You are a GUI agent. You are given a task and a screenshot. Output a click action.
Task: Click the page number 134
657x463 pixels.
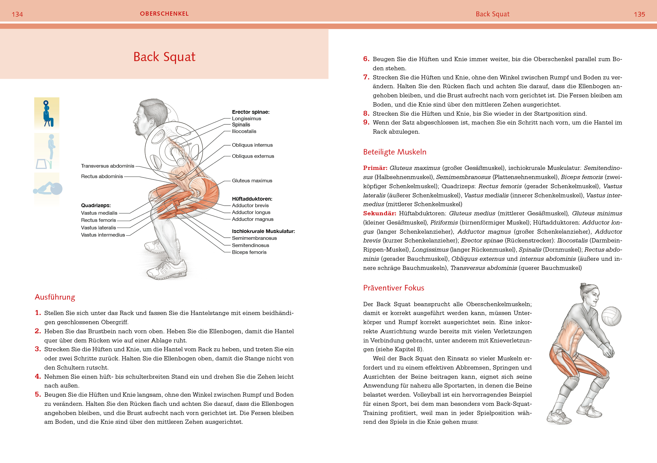17,14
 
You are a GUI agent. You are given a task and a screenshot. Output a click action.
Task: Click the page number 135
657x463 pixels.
639,14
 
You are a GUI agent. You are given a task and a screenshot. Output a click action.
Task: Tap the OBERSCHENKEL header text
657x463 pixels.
164,14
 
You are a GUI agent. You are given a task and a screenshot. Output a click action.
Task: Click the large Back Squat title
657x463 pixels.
164,57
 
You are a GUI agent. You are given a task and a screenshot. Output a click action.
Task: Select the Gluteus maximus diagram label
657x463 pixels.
252,181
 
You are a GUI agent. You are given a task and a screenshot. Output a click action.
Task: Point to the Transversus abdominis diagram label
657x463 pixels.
108,166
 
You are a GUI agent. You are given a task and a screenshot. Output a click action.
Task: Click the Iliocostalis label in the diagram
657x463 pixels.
244,131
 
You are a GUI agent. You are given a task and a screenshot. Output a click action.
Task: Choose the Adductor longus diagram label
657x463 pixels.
251,212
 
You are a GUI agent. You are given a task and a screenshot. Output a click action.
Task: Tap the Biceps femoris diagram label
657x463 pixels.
249,252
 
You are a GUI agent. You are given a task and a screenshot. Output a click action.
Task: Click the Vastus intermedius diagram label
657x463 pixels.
103,235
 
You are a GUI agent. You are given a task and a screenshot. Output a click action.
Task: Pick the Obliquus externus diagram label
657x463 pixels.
253,156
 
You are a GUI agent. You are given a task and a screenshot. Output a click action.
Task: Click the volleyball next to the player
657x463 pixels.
611,316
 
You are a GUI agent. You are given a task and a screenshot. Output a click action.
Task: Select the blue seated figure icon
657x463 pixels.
47,113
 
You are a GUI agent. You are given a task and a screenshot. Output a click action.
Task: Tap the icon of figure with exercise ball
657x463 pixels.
48,189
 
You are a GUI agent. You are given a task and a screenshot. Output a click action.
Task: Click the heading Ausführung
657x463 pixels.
55,297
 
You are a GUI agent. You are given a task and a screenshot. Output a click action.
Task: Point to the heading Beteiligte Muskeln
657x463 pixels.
395,152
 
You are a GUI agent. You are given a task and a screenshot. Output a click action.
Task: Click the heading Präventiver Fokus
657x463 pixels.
394,288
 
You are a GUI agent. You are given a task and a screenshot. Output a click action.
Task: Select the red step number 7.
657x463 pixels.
366,77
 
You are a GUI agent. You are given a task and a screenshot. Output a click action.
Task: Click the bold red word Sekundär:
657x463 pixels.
380,213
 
